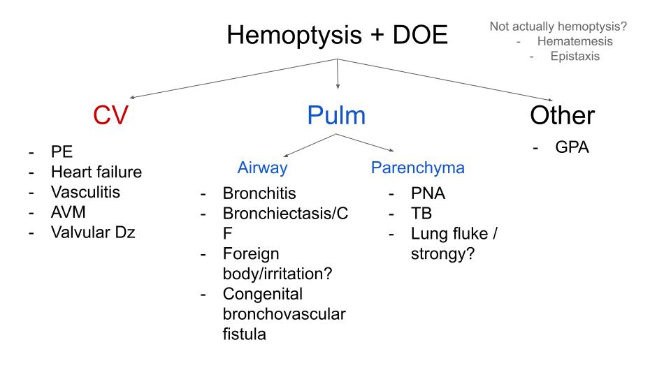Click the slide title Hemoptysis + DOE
click(x=337, y=35)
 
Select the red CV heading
click(x=110, y=115)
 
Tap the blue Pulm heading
click(x=336, y=115)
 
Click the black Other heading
click(x=562, y=115)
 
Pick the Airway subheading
click(x=262, y=168)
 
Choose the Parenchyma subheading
click(x=417, y=168)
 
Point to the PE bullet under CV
click(x=62, y=152)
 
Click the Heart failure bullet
click(x=96, y=172)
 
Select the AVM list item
click(x=68, y=212)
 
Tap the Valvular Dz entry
click(x=93, y=232)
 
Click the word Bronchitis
click(x=259, y=193)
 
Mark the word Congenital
click(x=263, y=294)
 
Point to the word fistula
click(x=245, y=334)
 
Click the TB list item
click(x=421, y=214)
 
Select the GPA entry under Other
click(x=572, y=148)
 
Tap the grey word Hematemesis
click(x=575, y=41)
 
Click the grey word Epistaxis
click(x=575, y=57)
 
